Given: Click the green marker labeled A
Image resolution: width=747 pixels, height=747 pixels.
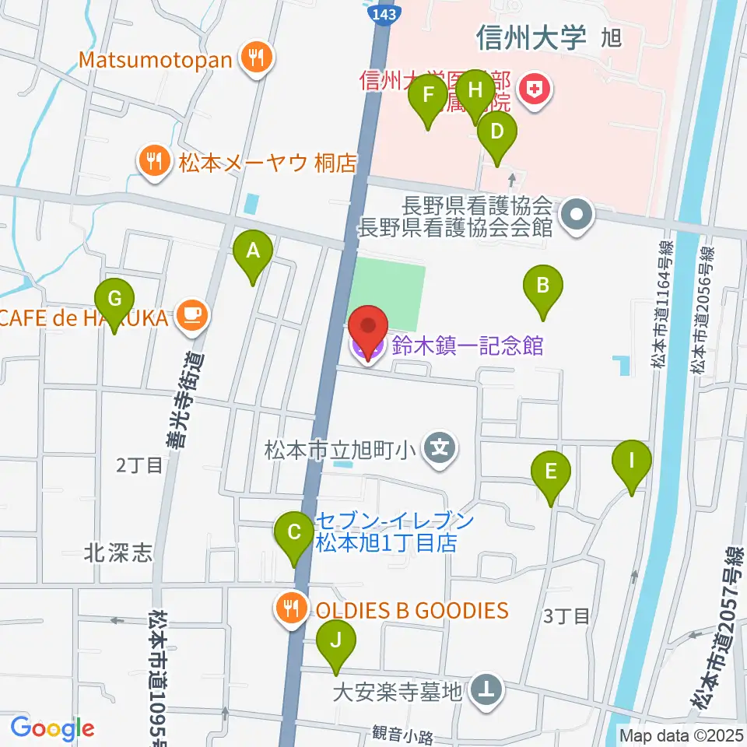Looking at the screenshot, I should [253, 252].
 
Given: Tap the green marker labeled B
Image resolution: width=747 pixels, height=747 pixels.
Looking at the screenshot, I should [542, 286].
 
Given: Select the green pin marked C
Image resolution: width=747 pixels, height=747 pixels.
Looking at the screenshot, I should [294, 534].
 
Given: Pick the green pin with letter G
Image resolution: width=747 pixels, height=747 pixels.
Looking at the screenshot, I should [114, 300].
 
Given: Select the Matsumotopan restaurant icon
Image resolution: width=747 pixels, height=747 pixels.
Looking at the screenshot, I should [254, 59].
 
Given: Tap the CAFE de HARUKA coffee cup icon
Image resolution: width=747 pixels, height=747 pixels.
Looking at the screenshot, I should [191, 316].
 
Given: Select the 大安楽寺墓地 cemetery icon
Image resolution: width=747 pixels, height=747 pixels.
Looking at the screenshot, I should [487, 689].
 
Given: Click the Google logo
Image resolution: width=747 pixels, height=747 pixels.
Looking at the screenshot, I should [52, 728].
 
